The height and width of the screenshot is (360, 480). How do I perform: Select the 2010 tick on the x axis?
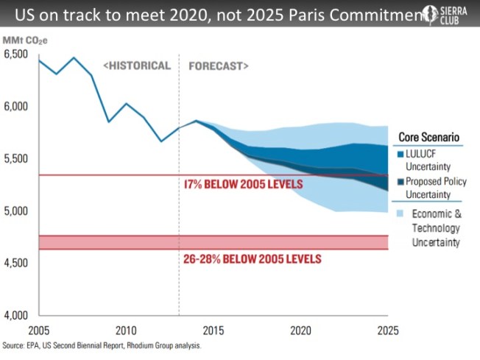point(125,331)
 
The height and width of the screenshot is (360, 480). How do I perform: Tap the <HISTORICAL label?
point(138,66)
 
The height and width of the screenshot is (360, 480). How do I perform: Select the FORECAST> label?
point(219,66)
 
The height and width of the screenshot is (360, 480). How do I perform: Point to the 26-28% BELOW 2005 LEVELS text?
point(253,259)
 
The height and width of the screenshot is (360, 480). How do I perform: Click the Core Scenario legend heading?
point(429,137)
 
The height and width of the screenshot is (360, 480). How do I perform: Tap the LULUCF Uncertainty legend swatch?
point(401,155)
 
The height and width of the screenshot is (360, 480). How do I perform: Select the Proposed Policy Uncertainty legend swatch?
point(401,182)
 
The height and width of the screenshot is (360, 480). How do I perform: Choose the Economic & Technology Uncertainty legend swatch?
point(401,213)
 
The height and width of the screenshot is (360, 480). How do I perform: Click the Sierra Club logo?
point(446,15)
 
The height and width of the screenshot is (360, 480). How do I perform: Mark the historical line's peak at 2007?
point(74,57)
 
